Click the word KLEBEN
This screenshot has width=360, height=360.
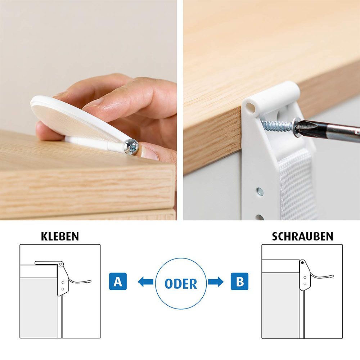(60, 237)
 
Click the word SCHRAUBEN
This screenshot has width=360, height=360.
(302, 237)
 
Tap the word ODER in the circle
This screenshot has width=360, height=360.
(181, 284)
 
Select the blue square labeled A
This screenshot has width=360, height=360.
(118, 282)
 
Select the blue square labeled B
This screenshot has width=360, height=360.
(239, 282)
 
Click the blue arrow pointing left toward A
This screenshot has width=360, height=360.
(145, 282)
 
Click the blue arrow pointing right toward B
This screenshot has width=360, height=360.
(216, 282)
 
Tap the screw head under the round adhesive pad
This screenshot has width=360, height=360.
(131, 147)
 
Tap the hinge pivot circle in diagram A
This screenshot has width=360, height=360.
(60, 264)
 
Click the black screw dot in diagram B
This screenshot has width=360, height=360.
(302, 262)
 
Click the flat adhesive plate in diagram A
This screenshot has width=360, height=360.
(47, 263)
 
